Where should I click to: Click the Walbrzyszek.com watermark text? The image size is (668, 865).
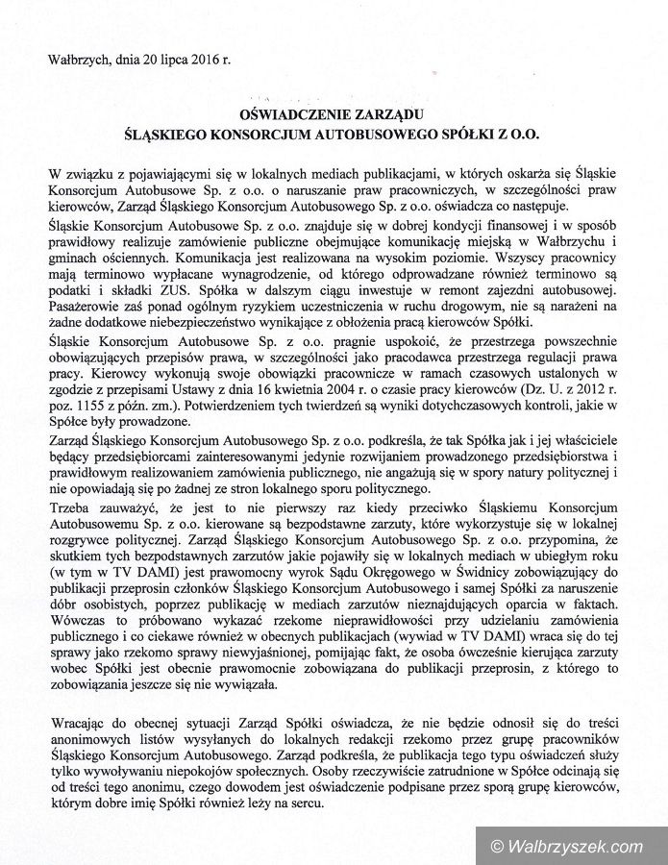tap(576, 846)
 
